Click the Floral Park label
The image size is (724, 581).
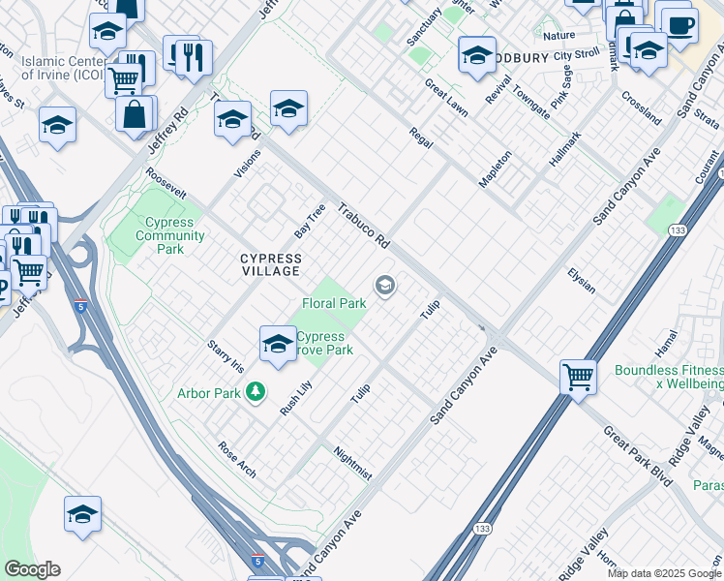334,303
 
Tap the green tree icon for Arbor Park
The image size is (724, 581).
256,392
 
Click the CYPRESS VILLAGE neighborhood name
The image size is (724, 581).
271,265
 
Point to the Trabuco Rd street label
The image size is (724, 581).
364,226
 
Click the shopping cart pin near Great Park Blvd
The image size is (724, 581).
578,376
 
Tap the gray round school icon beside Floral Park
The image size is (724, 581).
384,285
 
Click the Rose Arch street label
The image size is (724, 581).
237,460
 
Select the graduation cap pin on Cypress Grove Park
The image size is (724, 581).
278,343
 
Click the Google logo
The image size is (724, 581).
32,569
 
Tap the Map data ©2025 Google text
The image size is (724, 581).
663,573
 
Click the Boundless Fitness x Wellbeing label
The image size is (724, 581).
668,378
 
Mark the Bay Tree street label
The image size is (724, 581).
309,222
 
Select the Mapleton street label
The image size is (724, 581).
495,168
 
